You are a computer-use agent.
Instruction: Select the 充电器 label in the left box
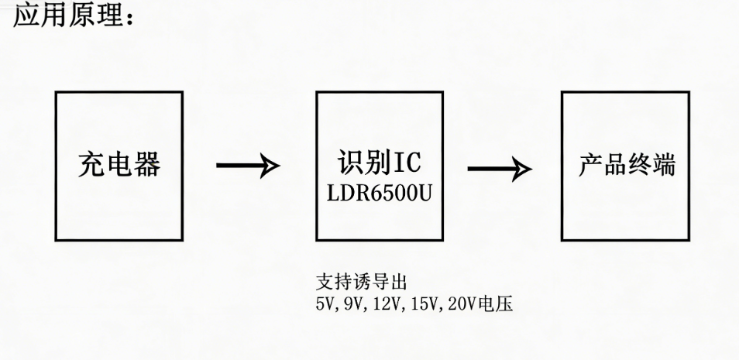(119, 164)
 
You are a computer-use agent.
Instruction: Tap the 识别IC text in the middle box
(379, 163)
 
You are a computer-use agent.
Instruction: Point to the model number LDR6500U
(380, 194)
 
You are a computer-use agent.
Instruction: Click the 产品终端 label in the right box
(627, 165)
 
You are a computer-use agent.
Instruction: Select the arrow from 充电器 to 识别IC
(248, 165)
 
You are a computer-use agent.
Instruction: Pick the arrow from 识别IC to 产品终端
(500, 169)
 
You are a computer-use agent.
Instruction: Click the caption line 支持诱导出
(361, 283)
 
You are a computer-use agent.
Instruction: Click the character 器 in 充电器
(147, 165)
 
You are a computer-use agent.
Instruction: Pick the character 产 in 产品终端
(590, 165)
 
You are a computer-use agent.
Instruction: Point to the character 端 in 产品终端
(665, 165)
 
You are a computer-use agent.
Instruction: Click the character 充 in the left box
(91, 165)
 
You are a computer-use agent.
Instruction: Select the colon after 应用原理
(129, 18)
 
